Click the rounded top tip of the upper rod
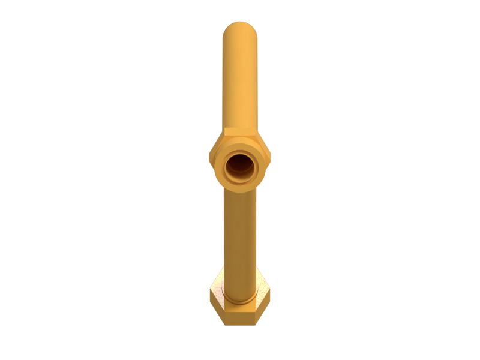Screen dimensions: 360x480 tap(240, 26)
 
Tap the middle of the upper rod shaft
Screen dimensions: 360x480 tap(240, 78)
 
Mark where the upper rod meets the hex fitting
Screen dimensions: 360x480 tap(240, 129)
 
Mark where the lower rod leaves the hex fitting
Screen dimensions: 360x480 tap(240, 190)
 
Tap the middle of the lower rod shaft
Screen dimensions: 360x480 tap(240, 234)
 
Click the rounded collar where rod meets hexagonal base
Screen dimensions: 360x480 tap(239, 296)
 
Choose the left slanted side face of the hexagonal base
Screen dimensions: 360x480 tap(217, 307)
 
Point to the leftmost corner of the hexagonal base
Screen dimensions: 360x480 tap(210, 294)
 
